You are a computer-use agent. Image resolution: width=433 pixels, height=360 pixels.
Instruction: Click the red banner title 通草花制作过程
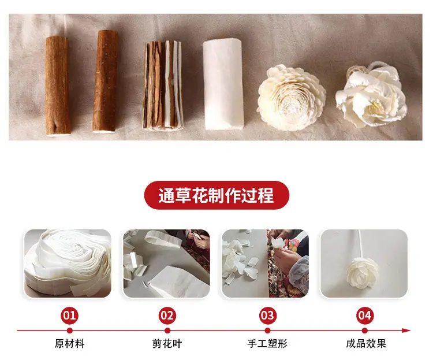[x=216, y=195]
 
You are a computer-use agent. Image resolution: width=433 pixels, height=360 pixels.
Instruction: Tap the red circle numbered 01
[x=69, y=316]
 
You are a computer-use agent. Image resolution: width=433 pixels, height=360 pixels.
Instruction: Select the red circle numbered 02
[x=167, y=316]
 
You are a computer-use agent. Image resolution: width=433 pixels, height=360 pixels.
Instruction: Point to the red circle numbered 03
[x=267, y=316]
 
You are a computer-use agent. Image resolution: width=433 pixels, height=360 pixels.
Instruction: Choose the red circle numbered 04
[x=365, y=316]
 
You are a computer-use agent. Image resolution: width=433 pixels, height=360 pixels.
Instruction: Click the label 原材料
[x=70, y=344]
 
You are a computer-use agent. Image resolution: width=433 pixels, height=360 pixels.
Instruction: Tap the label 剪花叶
[x=167, y=344]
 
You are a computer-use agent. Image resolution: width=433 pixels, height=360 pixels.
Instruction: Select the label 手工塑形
[x=267, y=344]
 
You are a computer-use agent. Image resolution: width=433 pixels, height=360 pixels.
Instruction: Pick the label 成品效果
[x=366, y=344]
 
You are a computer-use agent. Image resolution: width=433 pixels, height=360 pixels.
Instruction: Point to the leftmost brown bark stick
[x=57, y=86]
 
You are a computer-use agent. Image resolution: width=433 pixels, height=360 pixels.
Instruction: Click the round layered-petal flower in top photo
[x=291, y=98]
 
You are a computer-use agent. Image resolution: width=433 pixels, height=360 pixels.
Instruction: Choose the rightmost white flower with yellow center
[x=371, y=95]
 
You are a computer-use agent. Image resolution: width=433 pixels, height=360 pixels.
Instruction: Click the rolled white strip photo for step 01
[x=68, y=263]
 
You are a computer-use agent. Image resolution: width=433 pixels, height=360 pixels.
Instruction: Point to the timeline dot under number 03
[x=267, y=331]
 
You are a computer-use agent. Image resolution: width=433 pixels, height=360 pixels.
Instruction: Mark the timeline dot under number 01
[x=70, y=331]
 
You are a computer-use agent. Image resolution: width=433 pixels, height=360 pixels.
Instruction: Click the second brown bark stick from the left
[x=105, y=81]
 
